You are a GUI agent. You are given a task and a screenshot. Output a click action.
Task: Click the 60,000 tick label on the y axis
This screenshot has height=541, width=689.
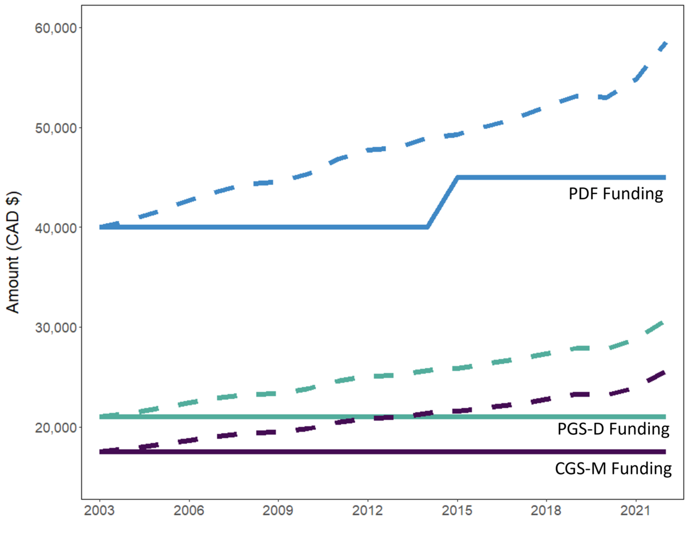[56, 28]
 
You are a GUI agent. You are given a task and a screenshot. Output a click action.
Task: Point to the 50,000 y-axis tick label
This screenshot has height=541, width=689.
[56, 128]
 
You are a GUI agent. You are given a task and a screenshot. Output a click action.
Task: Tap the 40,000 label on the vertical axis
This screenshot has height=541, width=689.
[56, 228]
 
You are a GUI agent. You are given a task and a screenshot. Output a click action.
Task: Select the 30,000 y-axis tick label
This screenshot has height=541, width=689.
[56, 327]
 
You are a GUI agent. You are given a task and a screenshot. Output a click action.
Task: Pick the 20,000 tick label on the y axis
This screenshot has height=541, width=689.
[56, 427]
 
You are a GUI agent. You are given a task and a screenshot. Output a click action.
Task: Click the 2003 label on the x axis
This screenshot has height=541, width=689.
[99, 511]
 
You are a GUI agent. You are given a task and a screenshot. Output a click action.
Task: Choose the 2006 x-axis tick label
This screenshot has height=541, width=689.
[189, 511]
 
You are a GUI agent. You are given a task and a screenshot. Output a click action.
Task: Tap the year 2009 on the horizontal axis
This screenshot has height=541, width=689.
[278, 511]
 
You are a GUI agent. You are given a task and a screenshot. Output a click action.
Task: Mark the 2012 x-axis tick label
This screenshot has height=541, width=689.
[367, 511]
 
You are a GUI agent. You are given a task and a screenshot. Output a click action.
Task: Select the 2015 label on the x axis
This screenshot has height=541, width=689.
[457, 511]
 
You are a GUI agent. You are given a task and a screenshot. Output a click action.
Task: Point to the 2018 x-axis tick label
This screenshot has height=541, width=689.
[546, 511]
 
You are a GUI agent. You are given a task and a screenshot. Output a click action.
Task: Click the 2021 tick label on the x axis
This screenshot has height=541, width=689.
[636, 511]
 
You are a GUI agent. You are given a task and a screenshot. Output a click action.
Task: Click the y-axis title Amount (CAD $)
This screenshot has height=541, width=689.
[13, 252]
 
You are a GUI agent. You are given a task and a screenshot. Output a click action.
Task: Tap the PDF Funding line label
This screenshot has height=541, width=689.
[616, 193]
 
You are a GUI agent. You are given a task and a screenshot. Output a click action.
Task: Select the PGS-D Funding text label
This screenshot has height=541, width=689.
[613, 429]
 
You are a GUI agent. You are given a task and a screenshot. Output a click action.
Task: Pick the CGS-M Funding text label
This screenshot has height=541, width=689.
[613, 469]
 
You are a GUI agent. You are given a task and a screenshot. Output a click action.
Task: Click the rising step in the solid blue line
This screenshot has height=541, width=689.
[442, 203]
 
